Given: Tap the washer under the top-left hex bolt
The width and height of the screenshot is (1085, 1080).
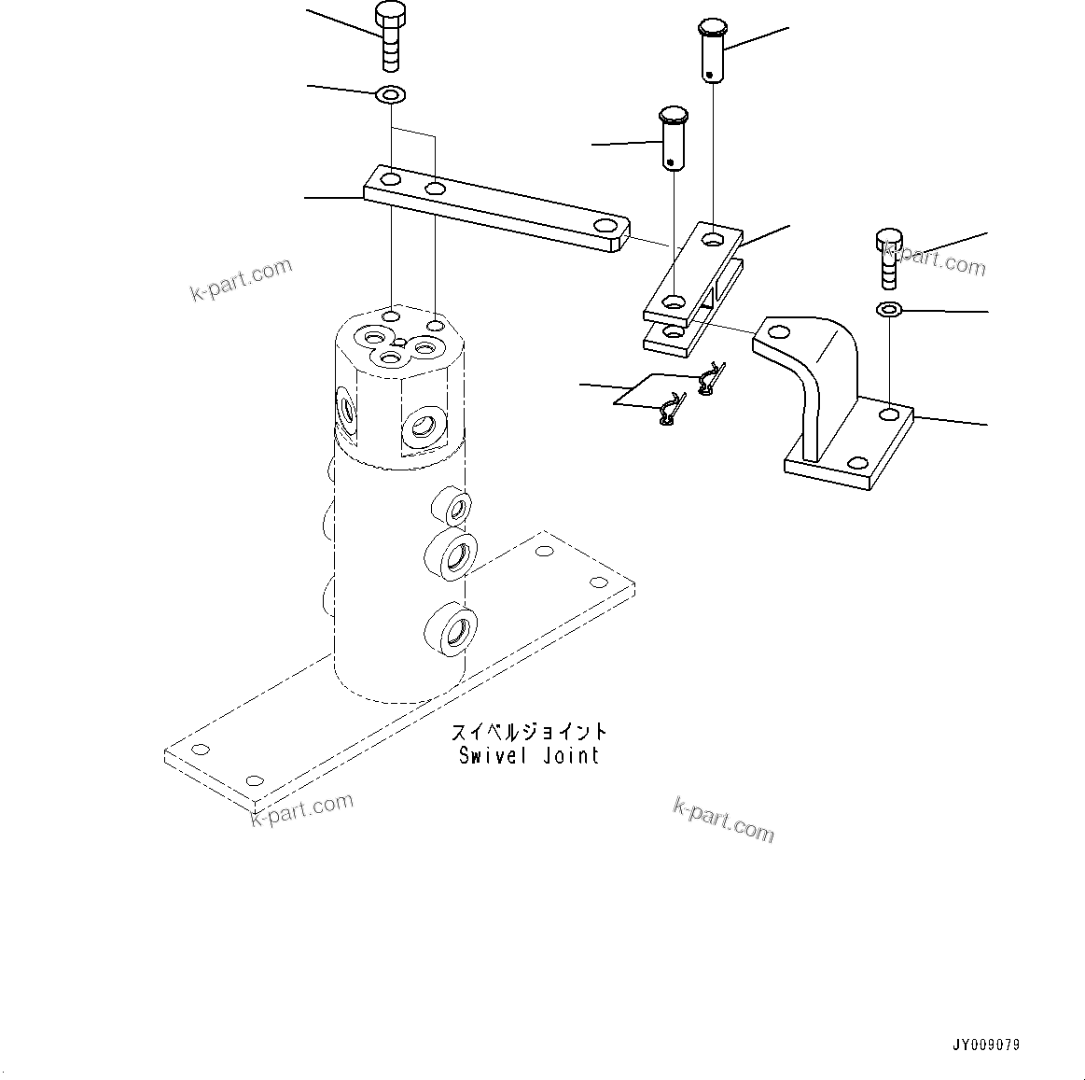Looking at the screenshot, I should point(390,94).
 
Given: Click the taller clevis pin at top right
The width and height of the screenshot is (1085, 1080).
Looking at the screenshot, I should point(714,51).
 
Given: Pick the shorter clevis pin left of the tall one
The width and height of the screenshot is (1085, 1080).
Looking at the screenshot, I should point(674,137).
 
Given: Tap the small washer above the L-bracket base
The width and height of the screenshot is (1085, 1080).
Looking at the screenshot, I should point(889,309).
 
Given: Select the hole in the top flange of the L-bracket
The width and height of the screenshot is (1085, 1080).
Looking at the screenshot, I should point(777,330).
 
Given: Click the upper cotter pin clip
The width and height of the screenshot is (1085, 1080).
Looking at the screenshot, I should point(710,377).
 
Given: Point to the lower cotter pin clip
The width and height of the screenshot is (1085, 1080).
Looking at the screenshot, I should point(671,410).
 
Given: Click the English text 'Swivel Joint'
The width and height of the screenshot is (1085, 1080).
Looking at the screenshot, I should point(529,755).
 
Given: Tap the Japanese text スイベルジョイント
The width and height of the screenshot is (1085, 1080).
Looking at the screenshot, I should point(529,732).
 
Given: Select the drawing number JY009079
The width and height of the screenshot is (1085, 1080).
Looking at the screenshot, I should point(986,1045).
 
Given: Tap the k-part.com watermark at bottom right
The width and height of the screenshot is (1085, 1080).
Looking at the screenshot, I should point(724,819).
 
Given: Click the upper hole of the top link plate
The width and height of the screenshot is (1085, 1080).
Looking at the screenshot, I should point(714,239).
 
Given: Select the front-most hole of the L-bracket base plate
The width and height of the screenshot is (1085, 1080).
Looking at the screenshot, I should point(855,464).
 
